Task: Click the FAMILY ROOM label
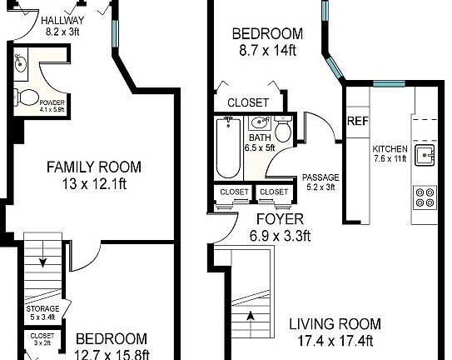point(93,166)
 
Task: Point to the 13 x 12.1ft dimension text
point(93,182)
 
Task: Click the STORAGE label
point(42,309)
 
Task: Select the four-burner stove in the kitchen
point(424,197)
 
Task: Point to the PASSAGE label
point(320,177)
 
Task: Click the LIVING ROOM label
point(335,324)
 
